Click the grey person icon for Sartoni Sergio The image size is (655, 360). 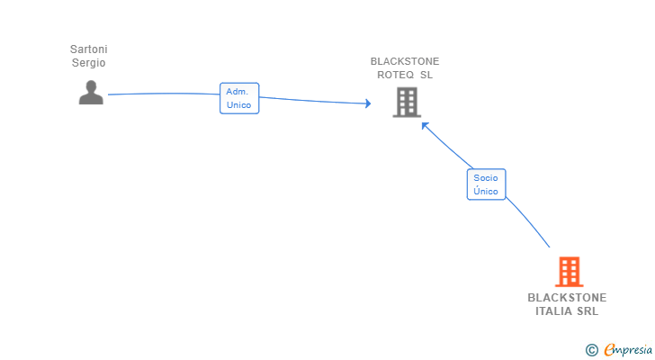tap(91, 93)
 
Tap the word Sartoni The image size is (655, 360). tap(88, 49)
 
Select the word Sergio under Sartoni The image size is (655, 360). tap(88, 63)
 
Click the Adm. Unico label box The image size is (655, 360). tap(239, 98)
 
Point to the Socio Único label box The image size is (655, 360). tap(486, 184)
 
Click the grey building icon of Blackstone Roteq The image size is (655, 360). tap(407, 102)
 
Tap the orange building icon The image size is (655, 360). tap(568, 271)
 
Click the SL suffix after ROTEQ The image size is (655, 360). tap(426, 76)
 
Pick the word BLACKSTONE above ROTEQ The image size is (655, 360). tap(405, 62)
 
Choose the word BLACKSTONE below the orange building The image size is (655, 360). tap(567, 298)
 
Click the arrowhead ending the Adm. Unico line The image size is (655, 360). tap(367, 104)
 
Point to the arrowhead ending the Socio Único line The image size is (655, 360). tap(425, 126)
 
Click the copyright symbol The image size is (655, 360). tap(591, 349)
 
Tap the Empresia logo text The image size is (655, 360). tap(627, 349)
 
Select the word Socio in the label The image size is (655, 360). tap(486, 178)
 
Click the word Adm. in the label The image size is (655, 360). tap(238, 92)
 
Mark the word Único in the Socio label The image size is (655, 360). tap(486, 192)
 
